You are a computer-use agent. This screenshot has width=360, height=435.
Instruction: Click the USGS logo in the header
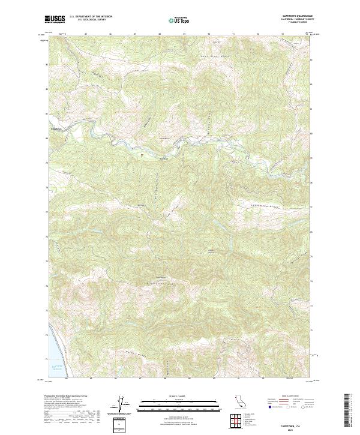[55, 20]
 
